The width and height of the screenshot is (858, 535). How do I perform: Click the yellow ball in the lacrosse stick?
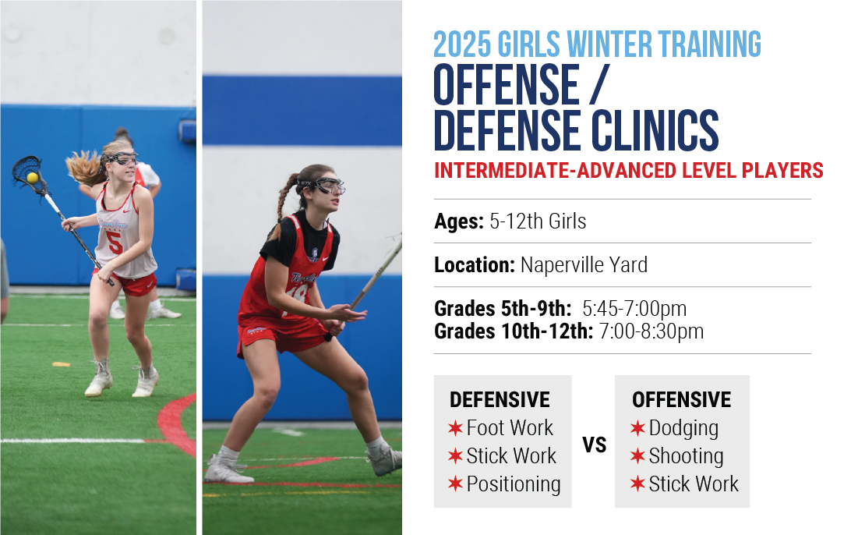(32, 177)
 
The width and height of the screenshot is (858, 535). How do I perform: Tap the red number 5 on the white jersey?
(114, 243)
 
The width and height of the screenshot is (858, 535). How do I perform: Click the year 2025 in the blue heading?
(462, 44)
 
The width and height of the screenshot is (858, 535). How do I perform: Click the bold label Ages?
(459, 221)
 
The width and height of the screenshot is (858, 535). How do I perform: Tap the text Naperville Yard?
(584, 265)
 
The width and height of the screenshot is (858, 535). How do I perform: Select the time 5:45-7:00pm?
(634, 309)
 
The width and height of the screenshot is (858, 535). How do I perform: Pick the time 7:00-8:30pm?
(651, 331)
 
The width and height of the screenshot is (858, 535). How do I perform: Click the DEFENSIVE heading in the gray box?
(500, 400)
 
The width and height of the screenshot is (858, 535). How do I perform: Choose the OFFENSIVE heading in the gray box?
(681, 400)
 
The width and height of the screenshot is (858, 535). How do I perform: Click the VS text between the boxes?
(595, 445)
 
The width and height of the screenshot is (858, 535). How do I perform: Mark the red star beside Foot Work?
(455, 427)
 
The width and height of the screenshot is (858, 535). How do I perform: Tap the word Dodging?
(683, 428)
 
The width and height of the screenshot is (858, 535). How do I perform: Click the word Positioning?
(514, 484)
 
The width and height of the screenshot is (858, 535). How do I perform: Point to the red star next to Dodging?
(637, 427)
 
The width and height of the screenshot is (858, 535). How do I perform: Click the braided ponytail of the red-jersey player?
(284, 200)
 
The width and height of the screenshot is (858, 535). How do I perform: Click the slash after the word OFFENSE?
(599, 84)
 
